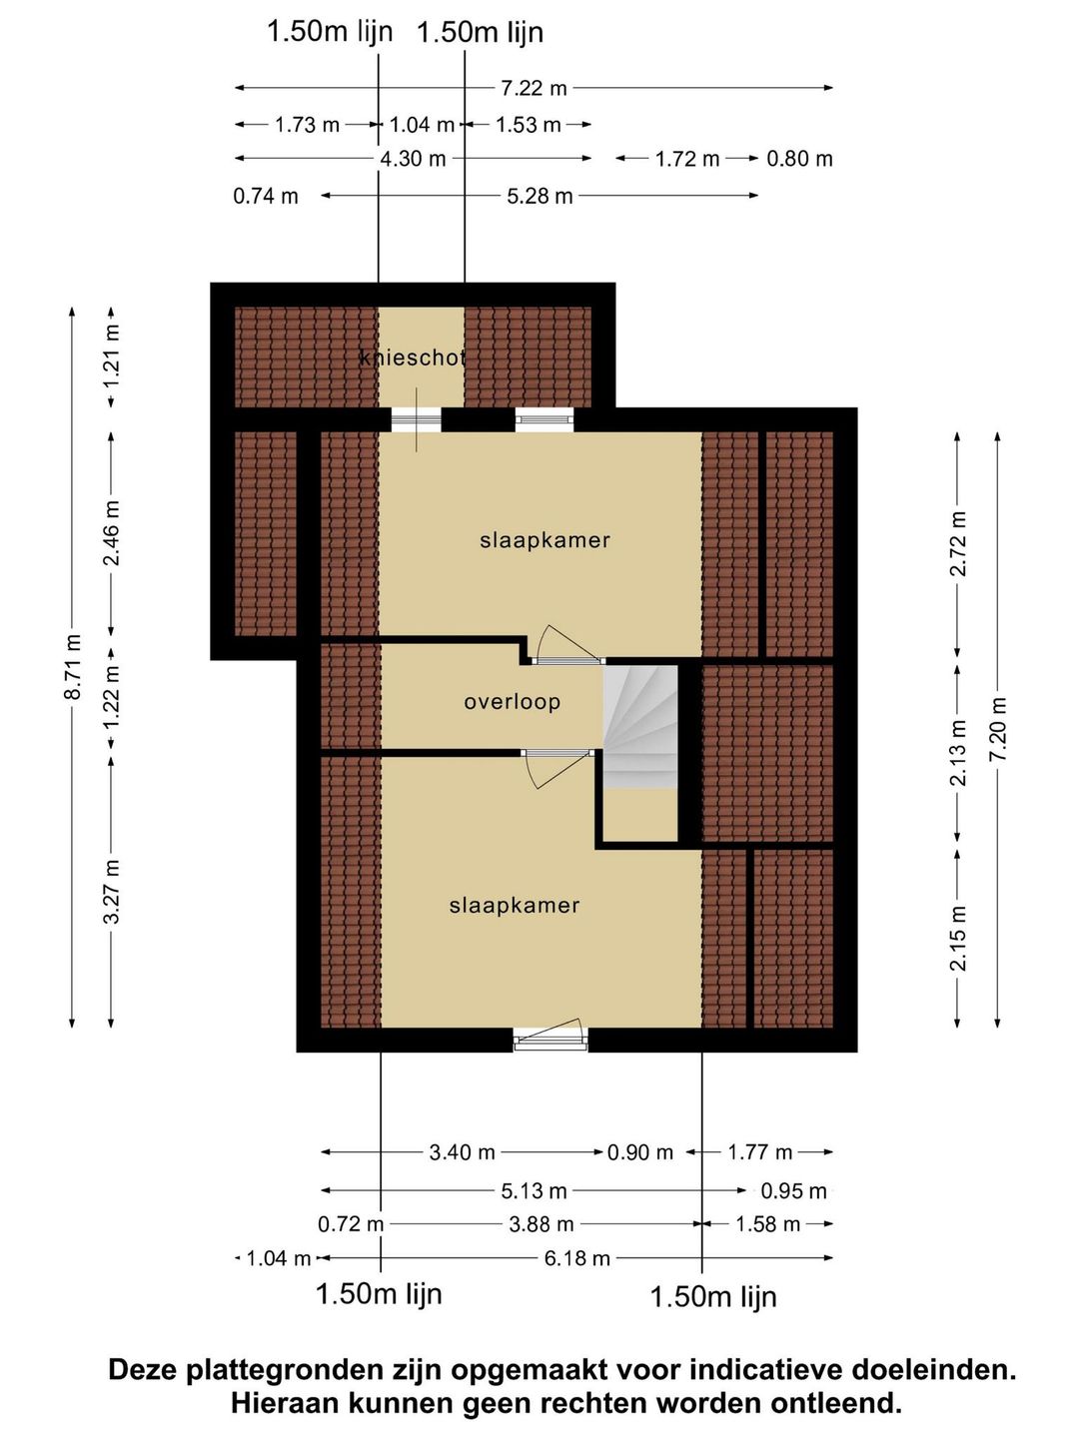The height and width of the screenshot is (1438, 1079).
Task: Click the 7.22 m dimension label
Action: coord(534,88)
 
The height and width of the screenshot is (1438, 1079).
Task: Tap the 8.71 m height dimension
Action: coord(73,666)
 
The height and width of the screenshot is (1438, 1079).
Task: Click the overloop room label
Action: coord(513,702)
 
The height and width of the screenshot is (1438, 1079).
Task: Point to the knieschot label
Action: coord(413,358)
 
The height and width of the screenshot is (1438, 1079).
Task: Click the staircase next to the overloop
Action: coord(640,727)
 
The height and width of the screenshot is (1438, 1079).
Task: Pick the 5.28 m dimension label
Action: coord(539,196)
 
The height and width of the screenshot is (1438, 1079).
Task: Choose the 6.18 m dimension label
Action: coord(577,1258)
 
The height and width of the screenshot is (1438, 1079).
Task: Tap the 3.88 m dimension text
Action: coord(541,1223)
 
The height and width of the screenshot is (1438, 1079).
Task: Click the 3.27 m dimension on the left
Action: coord(112,891)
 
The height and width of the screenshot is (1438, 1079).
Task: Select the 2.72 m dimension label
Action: coord(958,544)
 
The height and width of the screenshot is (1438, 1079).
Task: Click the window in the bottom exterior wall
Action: coord(550,1038)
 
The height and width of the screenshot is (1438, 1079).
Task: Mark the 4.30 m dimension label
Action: coord(413,159)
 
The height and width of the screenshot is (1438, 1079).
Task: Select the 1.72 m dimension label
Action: coord(687,159)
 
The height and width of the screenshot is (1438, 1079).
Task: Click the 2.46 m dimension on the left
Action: coord(112,532)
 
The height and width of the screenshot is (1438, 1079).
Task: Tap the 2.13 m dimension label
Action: coord(958,753)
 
